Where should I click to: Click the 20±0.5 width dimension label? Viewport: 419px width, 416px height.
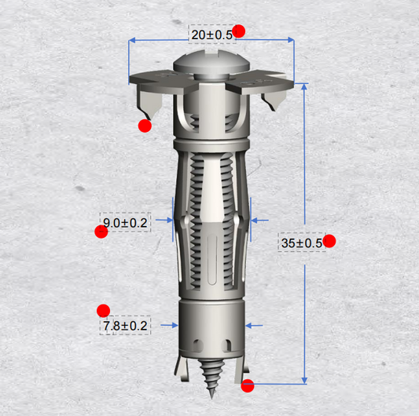[x=212, y=35]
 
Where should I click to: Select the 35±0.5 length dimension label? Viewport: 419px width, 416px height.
[x=302, y=243]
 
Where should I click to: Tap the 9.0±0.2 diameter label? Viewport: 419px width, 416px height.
[x=125, y=223]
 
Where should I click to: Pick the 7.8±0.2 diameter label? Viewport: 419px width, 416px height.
[x=125, y=326]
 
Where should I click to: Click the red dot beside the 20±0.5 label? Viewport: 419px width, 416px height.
[x=239, y=31]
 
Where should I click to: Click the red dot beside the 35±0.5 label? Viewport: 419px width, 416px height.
[x=329, y=241]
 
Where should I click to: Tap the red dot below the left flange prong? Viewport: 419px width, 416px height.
[x=145, y=126]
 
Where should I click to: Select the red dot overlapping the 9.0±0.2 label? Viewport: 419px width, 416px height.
[x=101, y=232]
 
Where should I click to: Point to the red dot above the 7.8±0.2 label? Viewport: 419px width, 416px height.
[x=104, y=311]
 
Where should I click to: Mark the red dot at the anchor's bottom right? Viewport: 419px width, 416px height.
[x=248, y=385]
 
